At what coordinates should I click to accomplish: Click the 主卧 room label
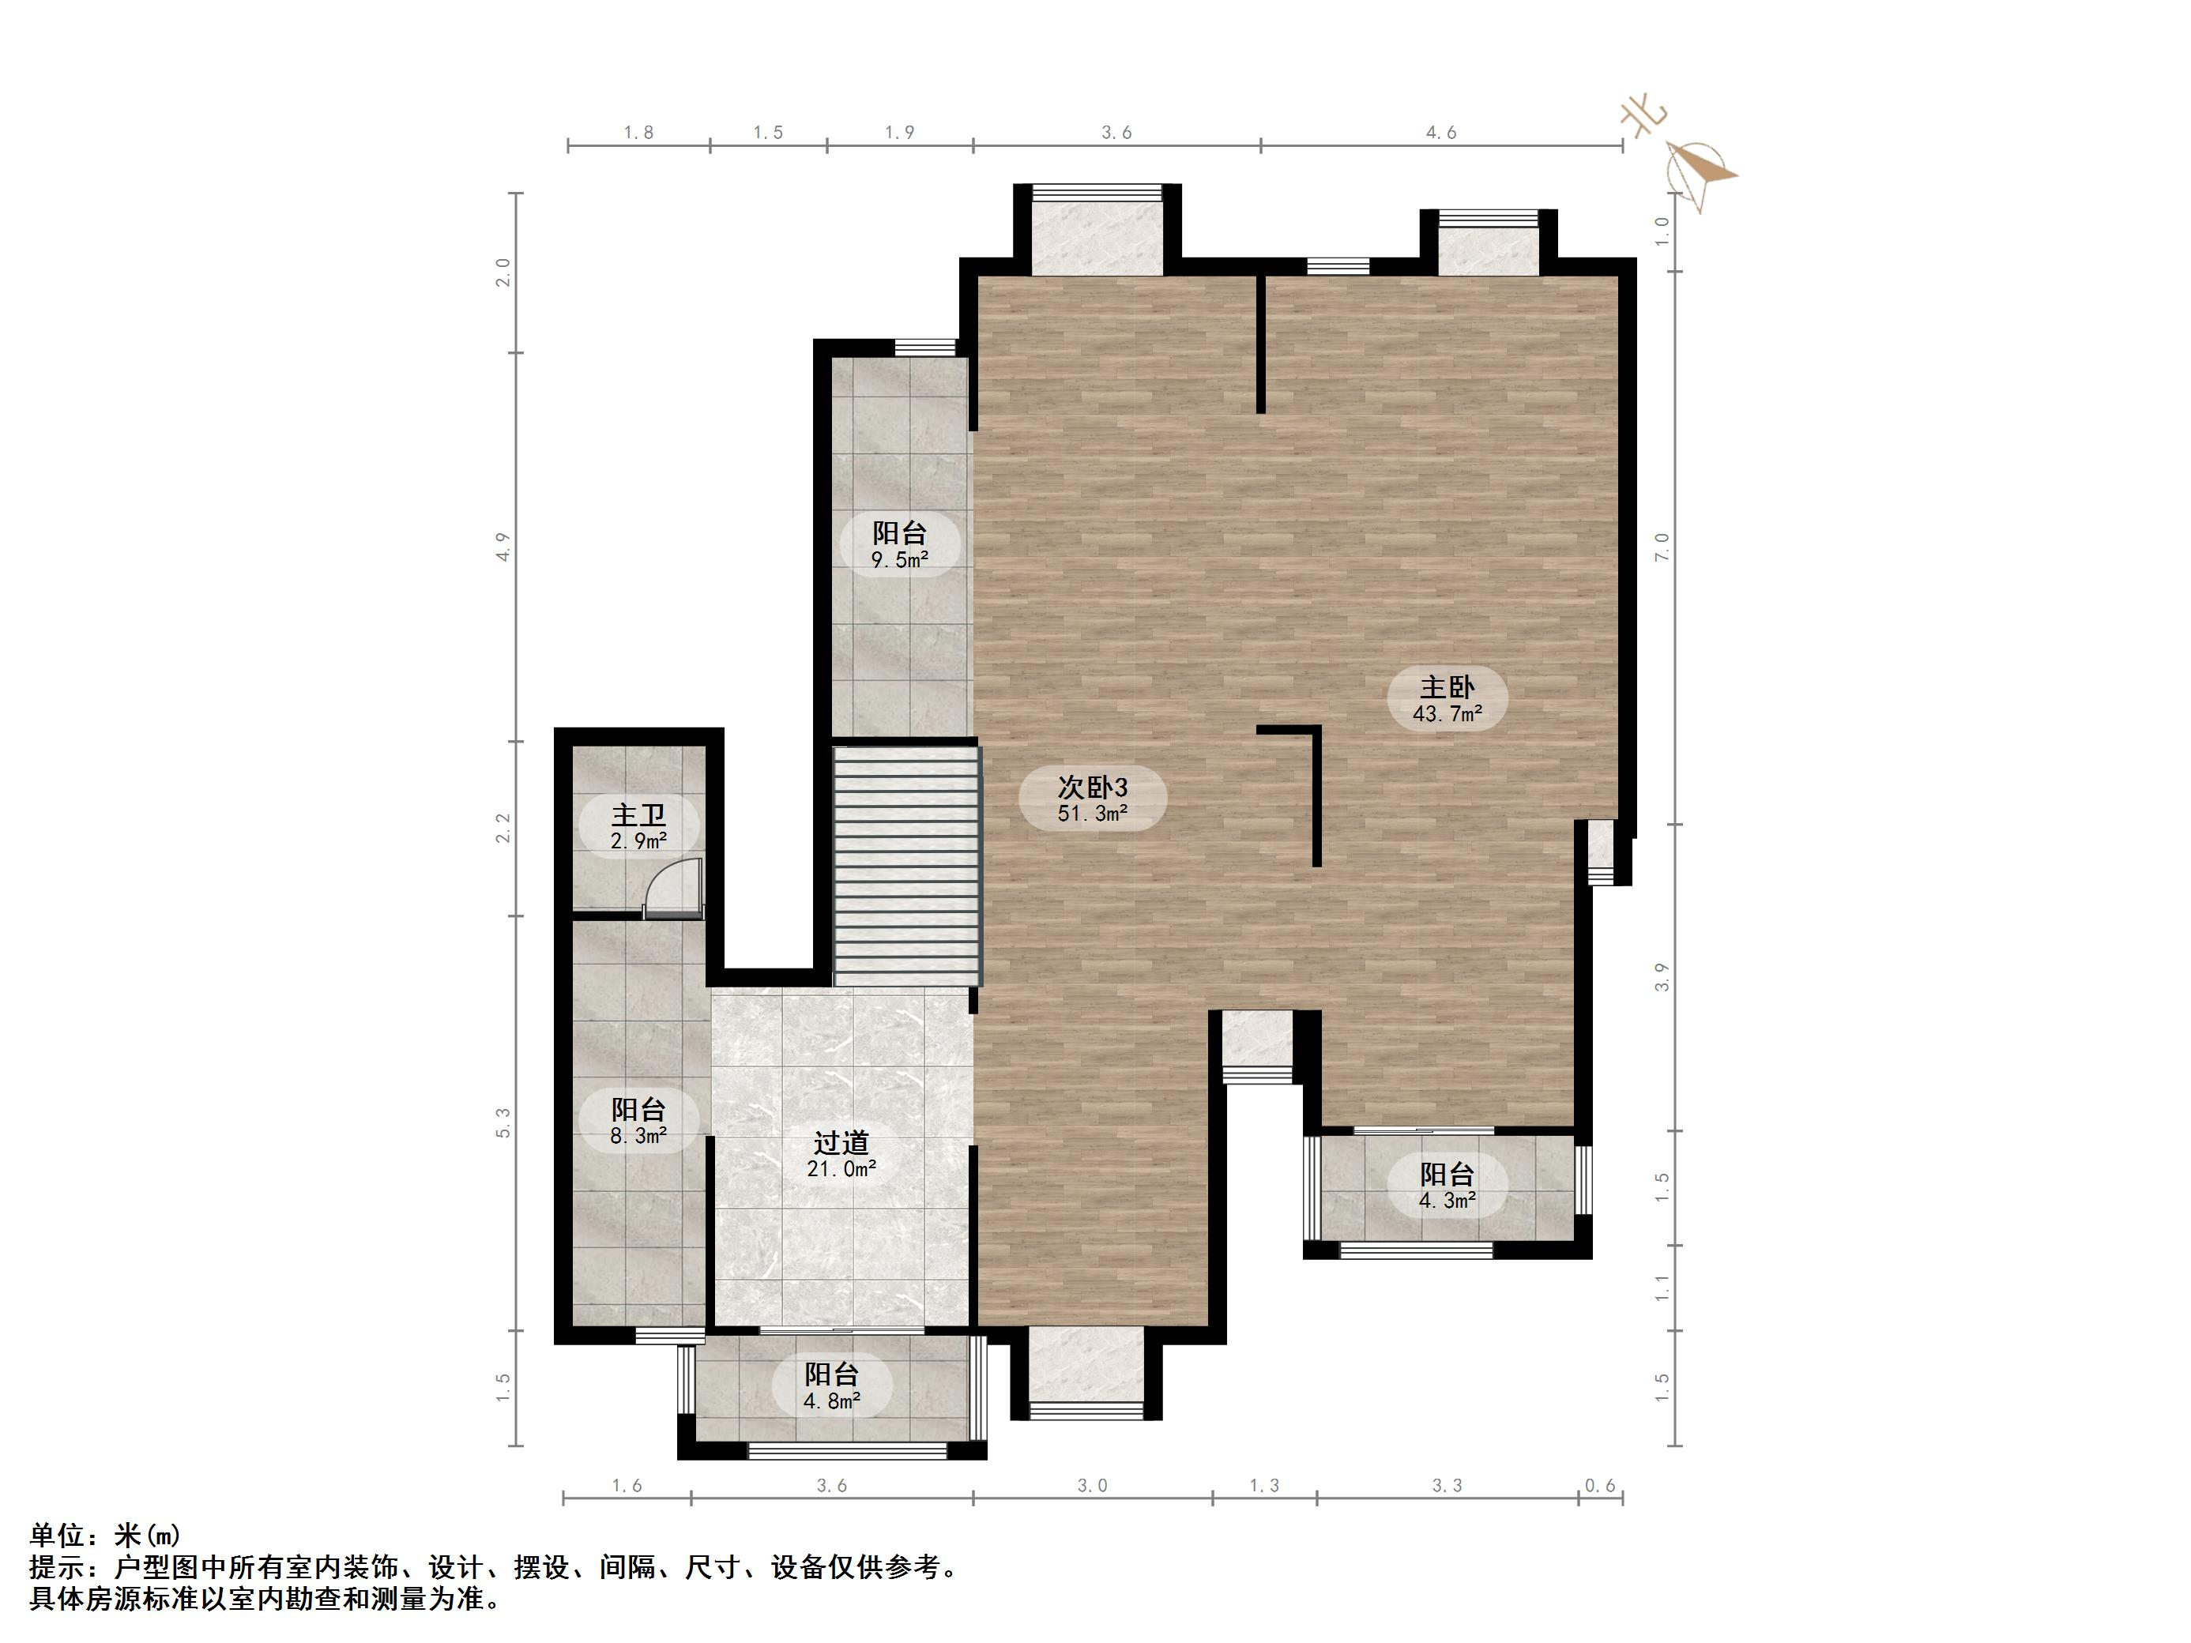point(1447,686)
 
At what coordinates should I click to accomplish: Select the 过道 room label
point(841,1143)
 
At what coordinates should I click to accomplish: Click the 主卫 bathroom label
point(638,815)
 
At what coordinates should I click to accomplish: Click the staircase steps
point(906,866)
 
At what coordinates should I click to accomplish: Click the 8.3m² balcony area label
point(638,1136)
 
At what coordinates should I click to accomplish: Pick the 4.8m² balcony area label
point(831,1401)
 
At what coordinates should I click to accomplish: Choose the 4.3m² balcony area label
point(1447,1201)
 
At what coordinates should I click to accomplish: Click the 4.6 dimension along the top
point(1440,133)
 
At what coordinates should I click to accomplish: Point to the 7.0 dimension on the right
point(1662,546)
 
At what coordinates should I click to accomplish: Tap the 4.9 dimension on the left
point(504,546)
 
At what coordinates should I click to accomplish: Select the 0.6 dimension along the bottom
point(1600,1486)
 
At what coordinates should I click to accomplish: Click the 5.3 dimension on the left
point(504,1122)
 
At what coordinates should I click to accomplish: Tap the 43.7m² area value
point(1447,713)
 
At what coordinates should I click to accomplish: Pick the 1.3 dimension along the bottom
point(1264,1486)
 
